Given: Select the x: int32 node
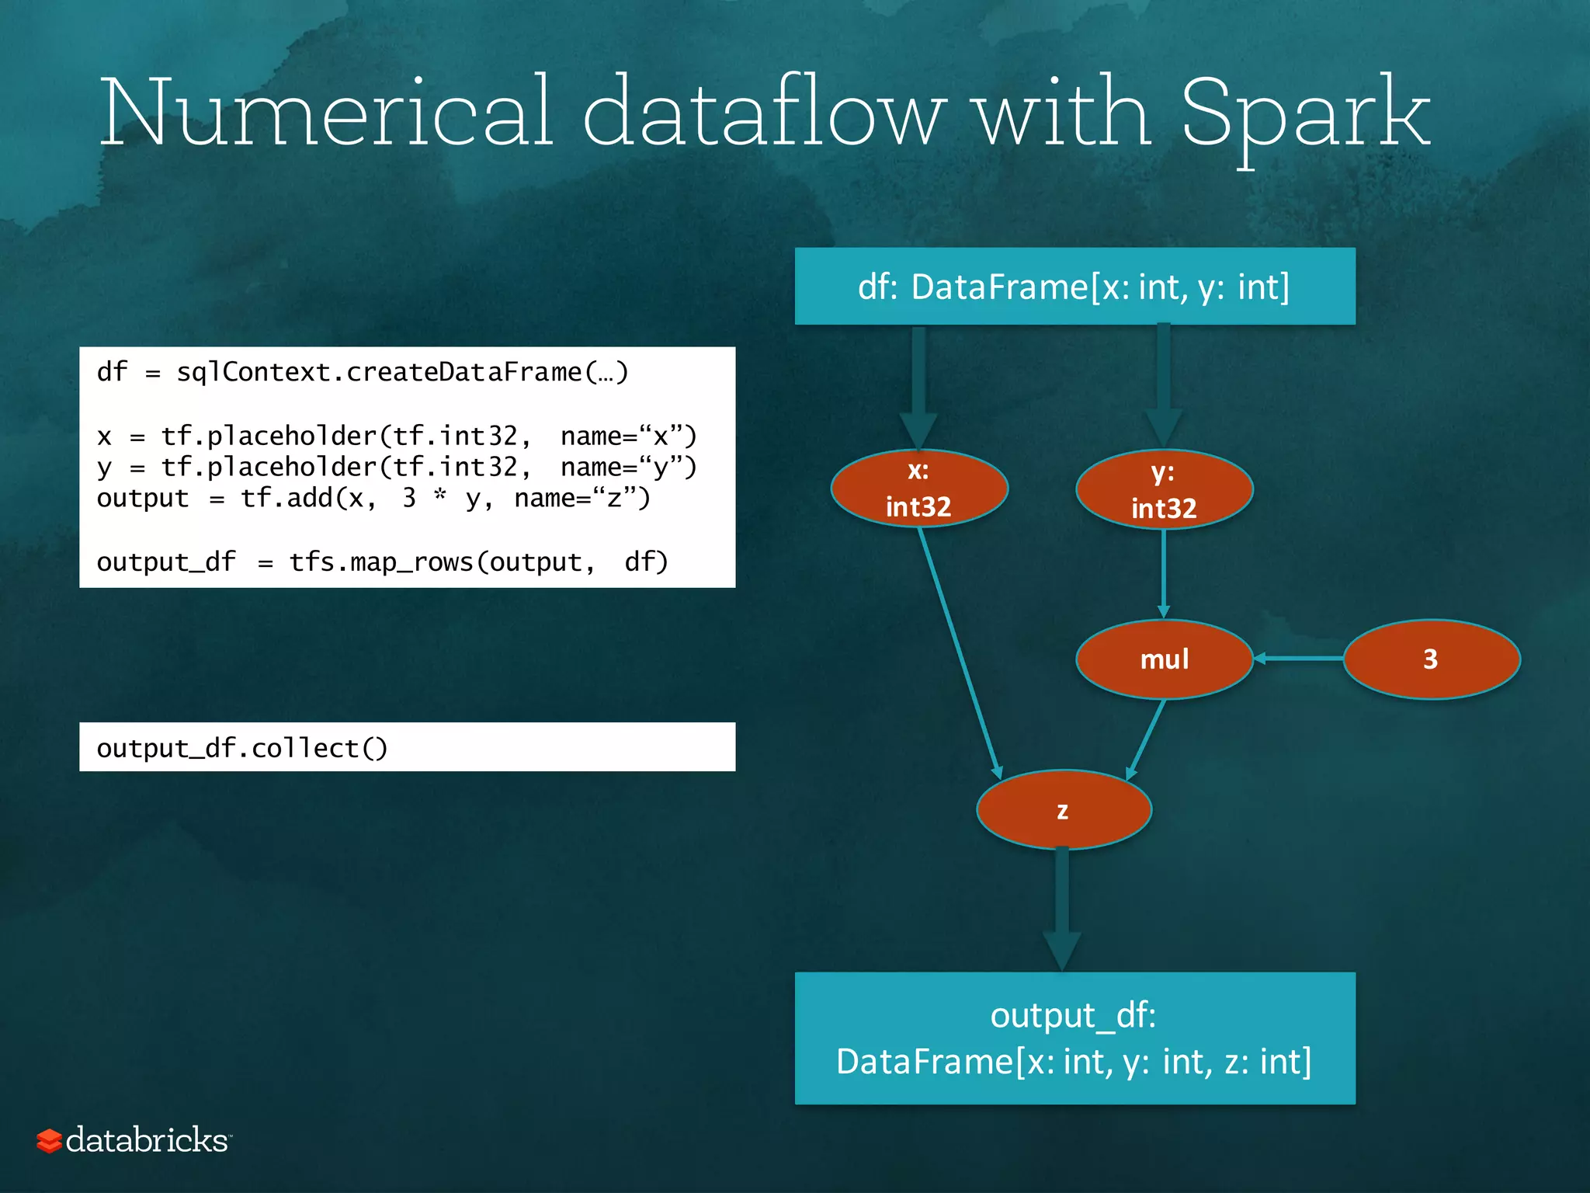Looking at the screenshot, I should point(919,489).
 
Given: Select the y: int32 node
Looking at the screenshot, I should point(1164,490).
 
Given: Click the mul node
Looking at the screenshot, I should point(1164,659).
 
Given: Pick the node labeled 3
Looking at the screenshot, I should point(1431,659).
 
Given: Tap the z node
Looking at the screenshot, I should point(1063,810).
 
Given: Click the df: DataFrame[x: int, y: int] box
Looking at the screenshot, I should point(1074,287).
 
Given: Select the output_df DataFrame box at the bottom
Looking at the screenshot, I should point(1074,1038).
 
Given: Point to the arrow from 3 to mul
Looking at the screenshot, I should point(1298,659).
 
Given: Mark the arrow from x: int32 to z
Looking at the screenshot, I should point(960,652).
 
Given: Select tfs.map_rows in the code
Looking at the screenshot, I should point(380,562).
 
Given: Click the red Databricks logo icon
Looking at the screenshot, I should point(49,1140).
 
